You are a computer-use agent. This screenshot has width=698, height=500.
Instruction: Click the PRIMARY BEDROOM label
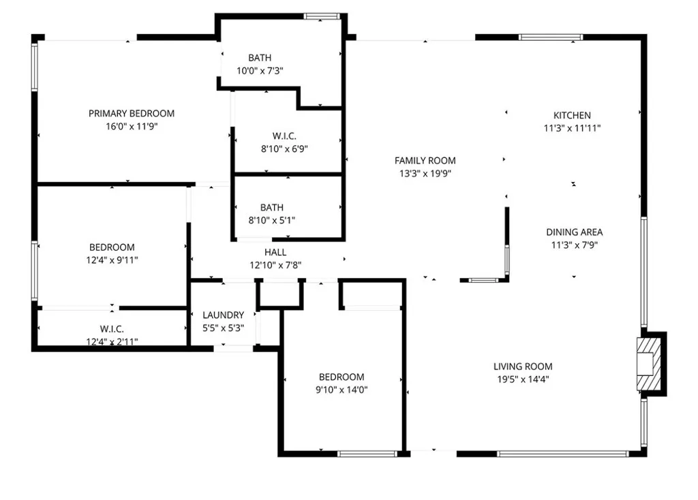[132, 113]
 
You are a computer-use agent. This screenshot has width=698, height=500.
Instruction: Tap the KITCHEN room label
[571, 115]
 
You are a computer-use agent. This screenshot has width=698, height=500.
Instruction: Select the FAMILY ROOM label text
[425, 161]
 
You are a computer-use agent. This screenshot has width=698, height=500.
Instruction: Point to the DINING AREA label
[574, 232]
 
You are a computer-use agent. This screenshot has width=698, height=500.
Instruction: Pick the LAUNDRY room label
[223, 315]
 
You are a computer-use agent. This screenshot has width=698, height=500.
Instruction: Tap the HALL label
[275, 252]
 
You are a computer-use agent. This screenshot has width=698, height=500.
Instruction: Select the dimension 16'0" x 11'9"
[132, 126]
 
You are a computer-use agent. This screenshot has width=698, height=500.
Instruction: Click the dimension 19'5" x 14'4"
[523, 379]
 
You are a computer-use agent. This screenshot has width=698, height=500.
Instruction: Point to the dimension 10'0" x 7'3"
[260, 71]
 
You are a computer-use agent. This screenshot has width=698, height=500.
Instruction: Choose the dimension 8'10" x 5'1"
[271, 220]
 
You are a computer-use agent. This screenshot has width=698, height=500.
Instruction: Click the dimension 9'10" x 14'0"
[342, 390]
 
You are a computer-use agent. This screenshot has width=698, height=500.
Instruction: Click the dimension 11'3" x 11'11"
[571, 128]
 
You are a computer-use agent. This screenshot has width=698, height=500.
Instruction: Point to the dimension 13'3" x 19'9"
[425, 174]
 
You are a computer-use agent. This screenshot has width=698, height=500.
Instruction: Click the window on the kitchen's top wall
[551, 37]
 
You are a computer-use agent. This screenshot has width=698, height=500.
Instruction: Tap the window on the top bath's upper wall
[321, 16]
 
